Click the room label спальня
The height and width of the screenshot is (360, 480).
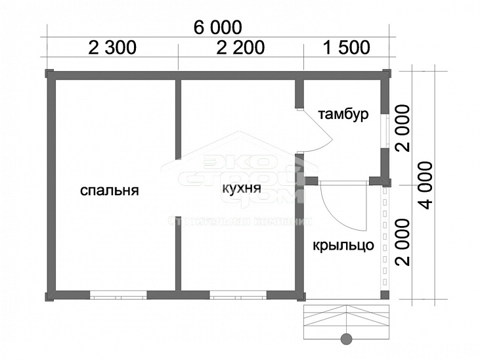[110, 191]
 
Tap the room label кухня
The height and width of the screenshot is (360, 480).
[242, 189]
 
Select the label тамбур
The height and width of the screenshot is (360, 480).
[343, 114]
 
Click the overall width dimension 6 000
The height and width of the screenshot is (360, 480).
[217, 28]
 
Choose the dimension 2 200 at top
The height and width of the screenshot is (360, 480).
[240, 47]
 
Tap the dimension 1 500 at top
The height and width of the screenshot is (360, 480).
[346, 47]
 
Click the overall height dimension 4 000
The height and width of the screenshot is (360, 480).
[428, 185]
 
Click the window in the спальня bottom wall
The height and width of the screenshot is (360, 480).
[118, 295]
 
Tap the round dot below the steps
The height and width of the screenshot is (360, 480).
[345, 339]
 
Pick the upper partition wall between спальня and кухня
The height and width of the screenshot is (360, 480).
[178, 118]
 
